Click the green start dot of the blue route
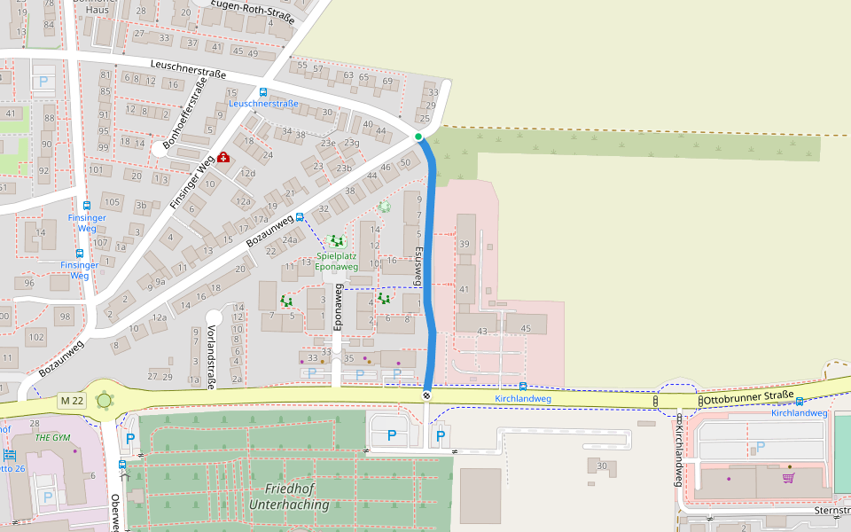(x=418, y=137)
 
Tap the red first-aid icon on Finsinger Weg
(x=222, y=158)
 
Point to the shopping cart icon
(x=788, y=478)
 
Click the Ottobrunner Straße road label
(x=749, y=397)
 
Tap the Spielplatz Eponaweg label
(x=337, y=262)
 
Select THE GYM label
(x=51, y=438)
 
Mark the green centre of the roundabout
(x=105, y=400)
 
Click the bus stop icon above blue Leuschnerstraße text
(x=262, y=92)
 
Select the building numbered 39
(x=464, y=244)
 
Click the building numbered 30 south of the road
(x=601, y=466)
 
